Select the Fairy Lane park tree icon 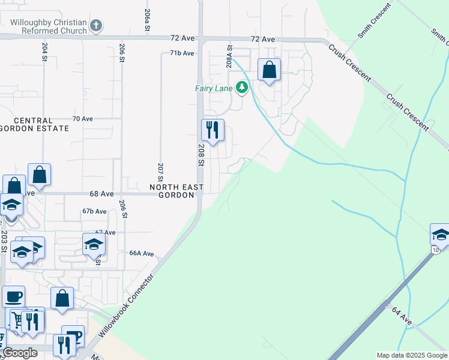tap(242, 88)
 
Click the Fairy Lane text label tap(213, 88)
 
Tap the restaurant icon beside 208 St tap(212, 130)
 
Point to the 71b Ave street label tap(182, 53)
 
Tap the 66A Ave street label tap(142, 254)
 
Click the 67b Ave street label tap(94, 211)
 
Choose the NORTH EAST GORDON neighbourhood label tap(176, 191)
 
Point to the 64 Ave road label tap(402, 316)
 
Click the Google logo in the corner tap(20, 353)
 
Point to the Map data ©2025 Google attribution tap(412, 355)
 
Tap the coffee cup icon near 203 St tap(13, 296)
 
